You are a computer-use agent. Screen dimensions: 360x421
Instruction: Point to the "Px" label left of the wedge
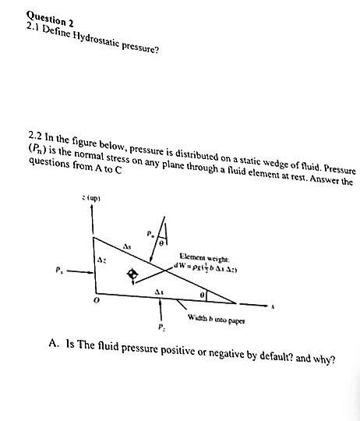tap(57, 272)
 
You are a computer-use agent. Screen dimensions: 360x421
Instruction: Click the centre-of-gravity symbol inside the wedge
tap(133, 274)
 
